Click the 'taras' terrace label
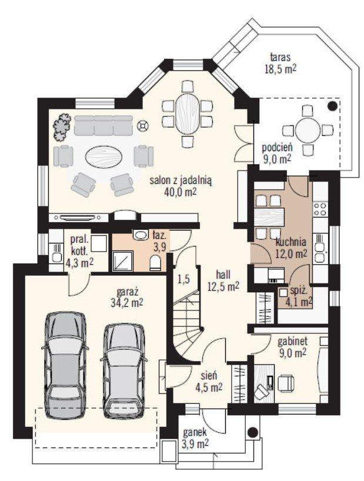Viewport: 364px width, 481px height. pos(280,58)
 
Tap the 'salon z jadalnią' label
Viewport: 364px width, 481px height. pos(181,180)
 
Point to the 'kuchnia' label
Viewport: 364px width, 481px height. pos(291,242)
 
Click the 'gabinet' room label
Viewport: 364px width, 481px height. pos(292,341)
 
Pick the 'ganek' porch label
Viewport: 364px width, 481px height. pos(195,433)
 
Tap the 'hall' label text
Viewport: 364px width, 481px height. pos(223,274)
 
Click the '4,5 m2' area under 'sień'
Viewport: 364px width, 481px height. pos(209,388)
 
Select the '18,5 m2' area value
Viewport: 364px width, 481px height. pos(280,69)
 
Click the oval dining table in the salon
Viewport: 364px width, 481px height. pos(188,113)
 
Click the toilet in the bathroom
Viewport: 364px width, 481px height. pos(155,263)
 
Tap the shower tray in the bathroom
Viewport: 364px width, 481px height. pos(123,261)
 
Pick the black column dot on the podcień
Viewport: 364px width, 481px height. pos(332,105)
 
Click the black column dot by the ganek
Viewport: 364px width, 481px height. pos(253,432)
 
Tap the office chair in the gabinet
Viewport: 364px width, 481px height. pos(286,383)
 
